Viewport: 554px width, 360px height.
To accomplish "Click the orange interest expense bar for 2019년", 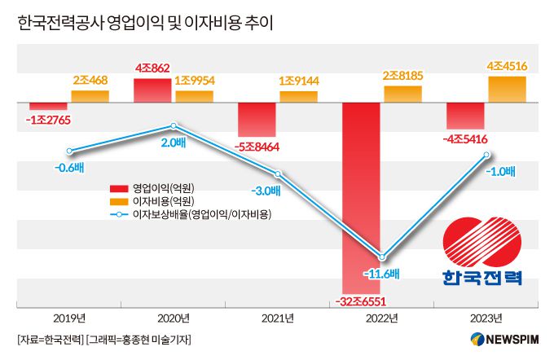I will [x=90, y=97].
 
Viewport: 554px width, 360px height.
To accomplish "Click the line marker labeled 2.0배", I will [x=174, y=126].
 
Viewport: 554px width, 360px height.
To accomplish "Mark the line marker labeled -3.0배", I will [x=278, y=174].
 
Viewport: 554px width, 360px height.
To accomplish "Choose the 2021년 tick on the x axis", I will [x=278, y=318].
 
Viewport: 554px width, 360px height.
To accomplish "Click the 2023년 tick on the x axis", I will [x=486, y=318].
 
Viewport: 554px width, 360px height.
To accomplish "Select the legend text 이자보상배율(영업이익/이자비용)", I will [x=201, y=214].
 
